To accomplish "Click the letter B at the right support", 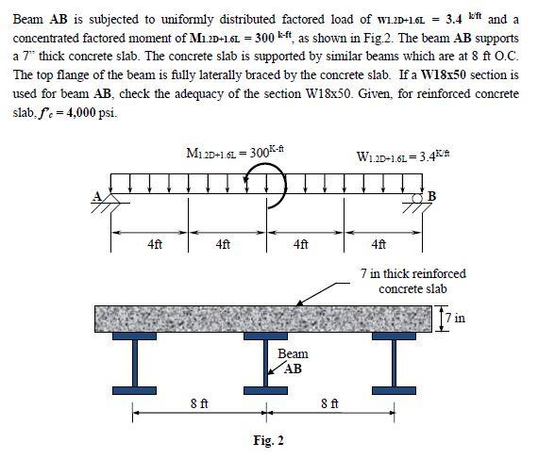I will [x=433, y=195].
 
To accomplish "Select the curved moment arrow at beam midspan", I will [x=264, y=189].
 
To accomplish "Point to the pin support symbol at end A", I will [x=111, y=205].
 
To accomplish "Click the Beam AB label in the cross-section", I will [x=291, y=361].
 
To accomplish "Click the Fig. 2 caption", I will [x=268, y=439].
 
